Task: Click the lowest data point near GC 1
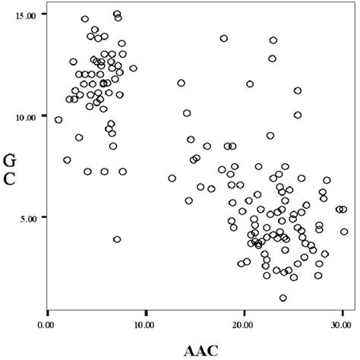click(x=283, y=298)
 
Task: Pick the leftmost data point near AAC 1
click(x=58, y=120)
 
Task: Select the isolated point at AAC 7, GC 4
click(x=117, y=239)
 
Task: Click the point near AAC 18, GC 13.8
click(x=224, y=38)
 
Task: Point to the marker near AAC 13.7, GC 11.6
click(x=182, y=83)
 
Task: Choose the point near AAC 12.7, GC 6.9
click(x=172, y=178)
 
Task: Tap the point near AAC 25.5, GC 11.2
click(x=298, y=90)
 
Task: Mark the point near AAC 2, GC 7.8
click(x=67, y=160)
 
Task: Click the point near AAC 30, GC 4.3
click(x=344, y=232)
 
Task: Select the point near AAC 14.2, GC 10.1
click(x=187, y=113)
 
